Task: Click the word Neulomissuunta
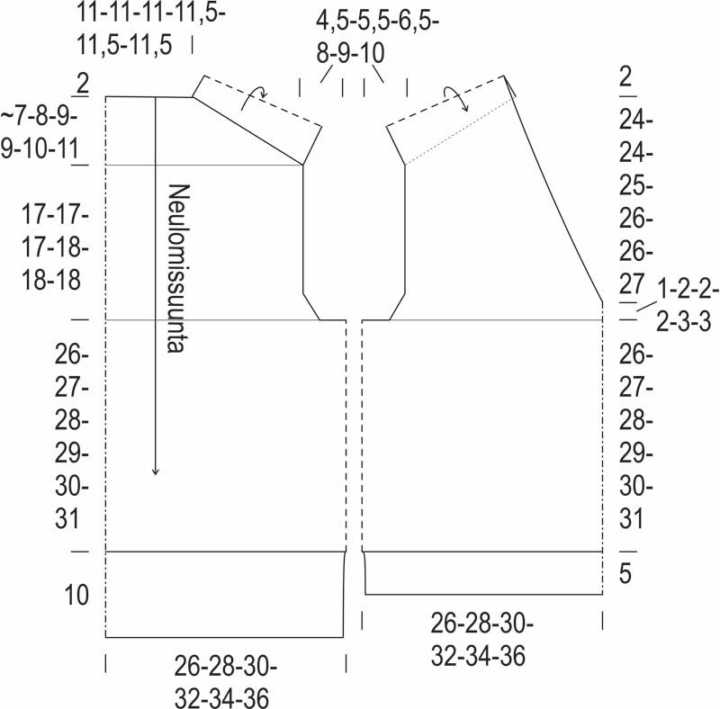(x=178, y=269)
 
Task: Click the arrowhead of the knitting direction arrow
(x=155, y=471)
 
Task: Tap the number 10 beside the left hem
(x=76, y=595)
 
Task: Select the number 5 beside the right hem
(x=625, y=573)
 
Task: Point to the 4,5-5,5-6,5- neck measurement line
(x=377, y=22)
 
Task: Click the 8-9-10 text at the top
(x=350, y=53)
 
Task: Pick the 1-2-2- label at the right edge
(x=688, y=290)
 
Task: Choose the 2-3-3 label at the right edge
(x=684, y=322)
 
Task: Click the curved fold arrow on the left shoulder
(x=254, y=96)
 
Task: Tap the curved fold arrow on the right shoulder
(x=456, y=97)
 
